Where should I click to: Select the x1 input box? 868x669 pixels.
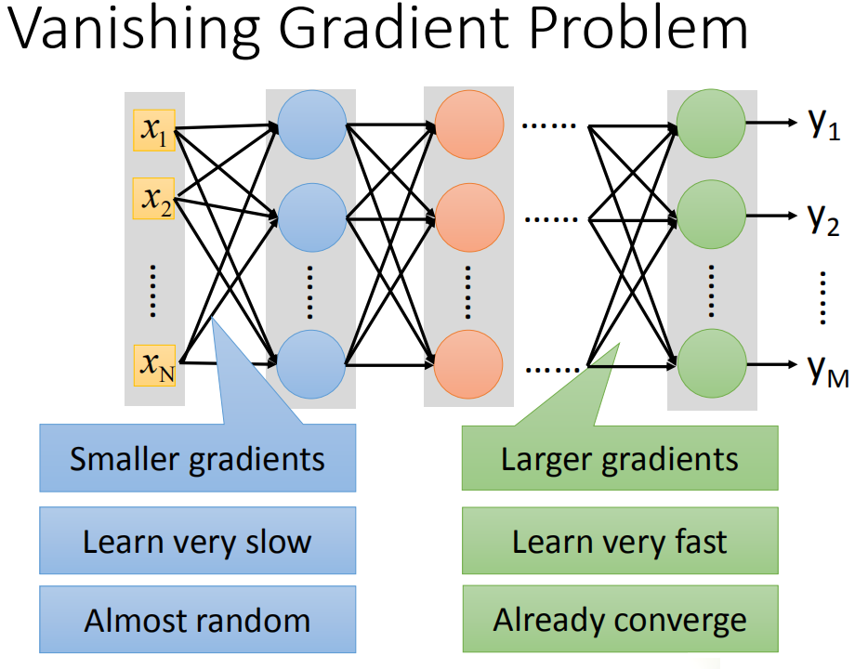pos(155,134)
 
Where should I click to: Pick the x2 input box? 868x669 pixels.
pos(155,199)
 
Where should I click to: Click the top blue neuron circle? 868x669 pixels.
pos(311,124)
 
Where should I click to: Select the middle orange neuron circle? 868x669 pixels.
pos(469,220)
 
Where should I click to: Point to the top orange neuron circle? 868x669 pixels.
pos(469,124)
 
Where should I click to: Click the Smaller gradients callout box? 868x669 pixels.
pos(197,458)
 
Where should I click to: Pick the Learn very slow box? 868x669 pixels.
pos(197,541)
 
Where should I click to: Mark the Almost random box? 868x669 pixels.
pos(197,620)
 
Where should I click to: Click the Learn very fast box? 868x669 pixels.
pos(620,541)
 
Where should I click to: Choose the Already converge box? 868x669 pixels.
pos(620,620)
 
